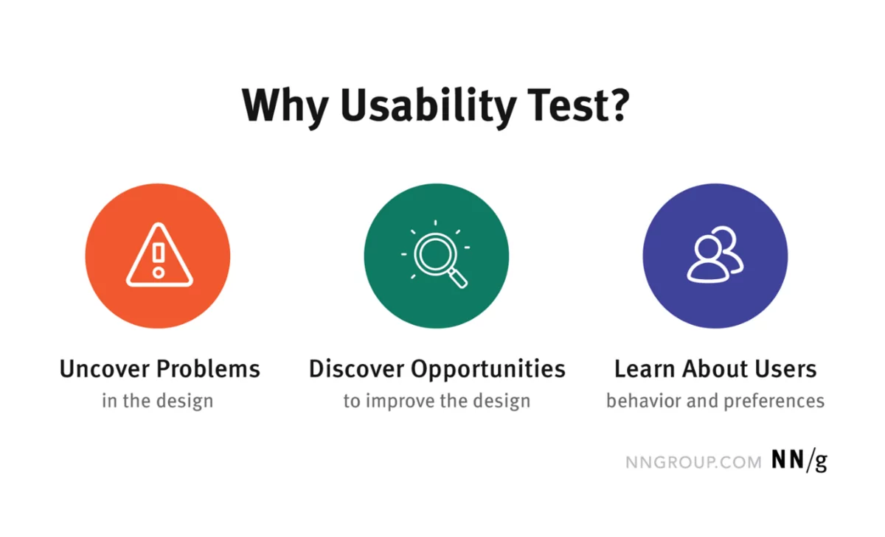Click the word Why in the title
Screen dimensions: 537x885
(x=283, y=105)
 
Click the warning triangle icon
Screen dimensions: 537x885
(x=159, y=256)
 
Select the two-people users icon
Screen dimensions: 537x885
(x=715, y=256)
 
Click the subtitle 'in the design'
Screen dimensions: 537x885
(x=157, y=401)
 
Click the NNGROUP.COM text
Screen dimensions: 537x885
(x=693, y=462)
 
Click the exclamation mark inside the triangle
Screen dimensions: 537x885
(x=158, y=259)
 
